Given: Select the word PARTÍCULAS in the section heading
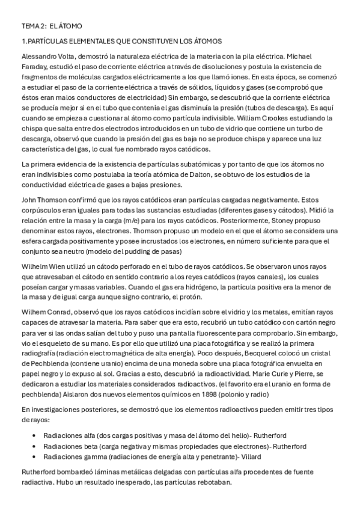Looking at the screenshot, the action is pyautogui.click(x=49, y=41).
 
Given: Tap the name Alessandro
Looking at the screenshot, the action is pyautogui.click(x=39, y=57).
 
